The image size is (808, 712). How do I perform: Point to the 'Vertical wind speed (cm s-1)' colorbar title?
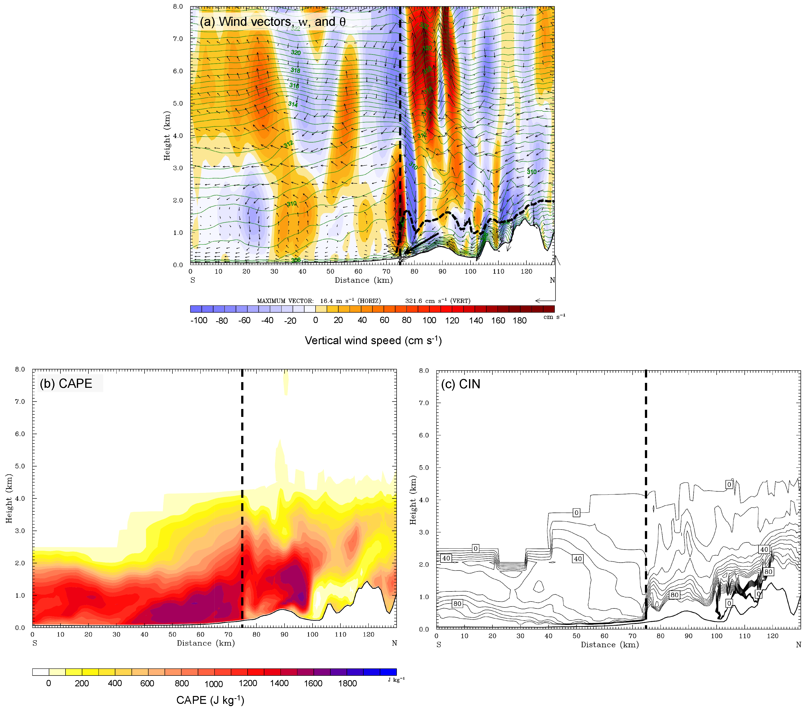click(373, 340)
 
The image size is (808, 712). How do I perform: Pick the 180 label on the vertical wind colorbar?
click(520, 320)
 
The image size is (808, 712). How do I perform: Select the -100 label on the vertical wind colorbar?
click(199, 320)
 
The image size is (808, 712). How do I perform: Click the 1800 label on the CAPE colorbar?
click(348, 683)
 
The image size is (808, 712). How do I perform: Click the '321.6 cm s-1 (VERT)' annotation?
click(438, 301)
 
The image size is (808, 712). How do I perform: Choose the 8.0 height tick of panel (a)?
click(178, 7)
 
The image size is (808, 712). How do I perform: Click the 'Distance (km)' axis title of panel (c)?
click(609, 645)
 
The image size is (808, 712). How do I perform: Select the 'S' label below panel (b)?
click(35, 643)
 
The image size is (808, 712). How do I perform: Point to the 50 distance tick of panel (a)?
click(330, 271)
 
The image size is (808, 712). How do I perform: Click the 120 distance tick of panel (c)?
click(773, 636)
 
